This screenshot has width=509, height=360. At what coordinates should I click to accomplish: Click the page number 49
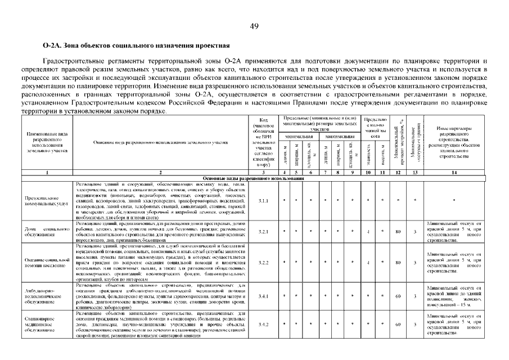click(x=254, y=26)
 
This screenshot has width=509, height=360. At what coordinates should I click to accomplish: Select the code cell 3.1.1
click(x=263, y=200)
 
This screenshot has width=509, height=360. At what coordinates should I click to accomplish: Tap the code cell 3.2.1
click(x=263, y=231)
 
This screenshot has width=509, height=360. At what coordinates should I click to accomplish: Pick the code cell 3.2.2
click(x=263, y=262)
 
